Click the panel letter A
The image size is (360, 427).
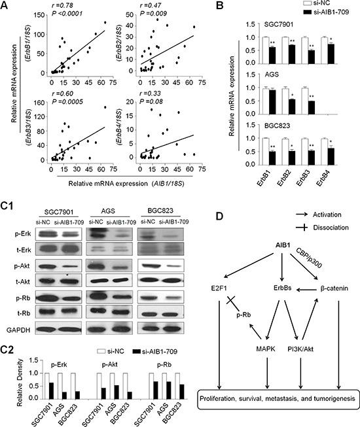coord(6,7)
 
